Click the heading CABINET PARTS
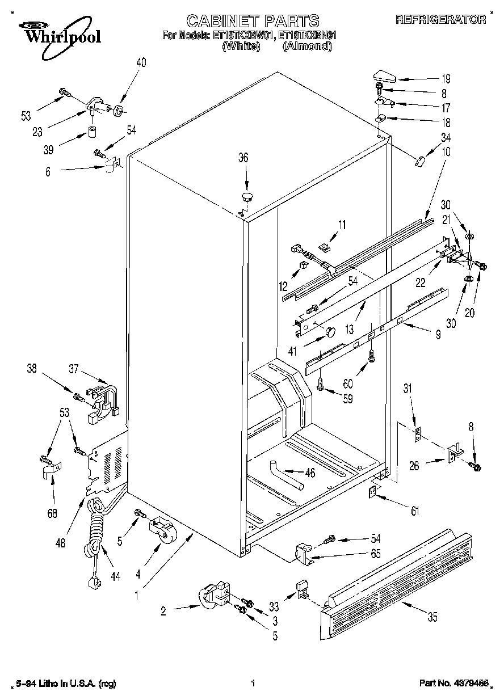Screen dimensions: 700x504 tap(253, 22)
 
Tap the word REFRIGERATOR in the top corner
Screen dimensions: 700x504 tap(440, 19)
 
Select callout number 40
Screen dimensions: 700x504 tap(141, 63)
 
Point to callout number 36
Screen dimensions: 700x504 tap(243, 158)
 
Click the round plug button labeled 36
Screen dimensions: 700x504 tap(247, 197)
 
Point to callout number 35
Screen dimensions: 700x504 tap(432, 618)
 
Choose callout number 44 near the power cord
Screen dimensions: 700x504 tap(115, 576)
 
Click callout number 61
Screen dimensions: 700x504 tap(415, 512)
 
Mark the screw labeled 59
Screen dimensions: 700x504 tap(320, 385)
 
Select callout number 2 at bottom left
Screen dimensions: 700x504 tap(163, 611)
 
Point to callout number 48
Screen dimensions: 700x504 tap(61, 542)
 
